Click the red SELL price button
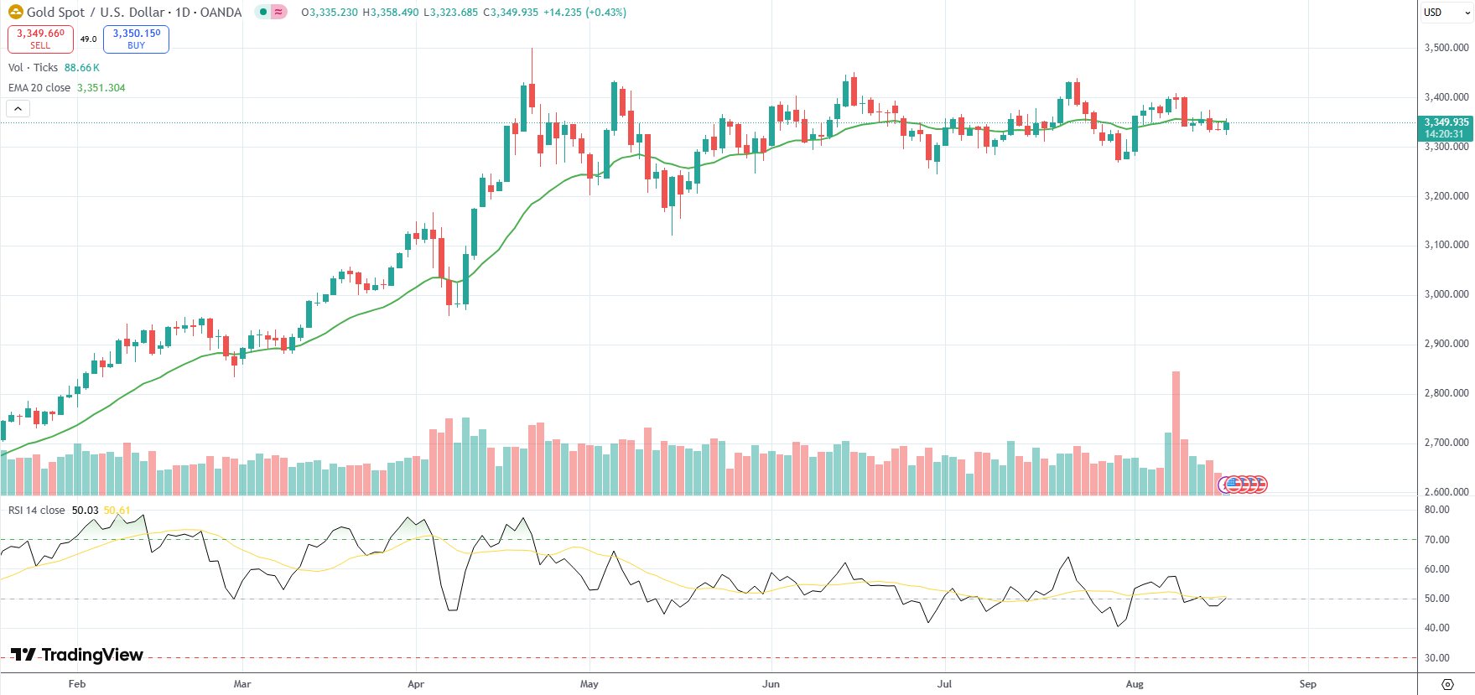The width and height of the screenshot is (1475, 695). tap(40, 39)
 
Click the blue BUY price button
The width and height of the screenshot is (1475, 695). tap(136, 39)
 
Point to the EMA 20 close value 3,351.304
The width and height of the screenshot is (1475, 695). tap(101, 88)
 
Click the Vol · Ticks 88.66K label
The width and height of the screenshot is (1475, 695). tap(54, 68)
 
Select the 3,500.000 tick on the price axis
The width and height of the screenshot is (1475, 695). tap(1446, 48)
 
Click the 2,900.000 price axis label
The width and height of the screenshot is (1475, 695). tap(1446, 344)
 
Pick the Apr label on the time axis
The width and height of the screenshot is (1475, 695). tap(415, 684)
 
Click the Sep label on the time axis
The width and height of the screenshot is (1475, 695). tap(1307, 684)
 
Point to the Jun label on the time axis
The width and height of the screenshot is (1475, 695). tap(771, 684)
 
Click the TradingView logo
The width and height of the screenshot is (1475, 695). tap(77, 655)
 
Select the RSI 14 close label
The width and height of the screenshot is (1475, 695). tap(36, 511)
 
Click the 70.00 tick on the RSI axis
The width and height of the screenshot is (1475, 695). tap(1436, 540)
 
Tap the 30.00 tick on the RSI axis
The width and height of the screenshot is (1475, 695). tap(1436, 658)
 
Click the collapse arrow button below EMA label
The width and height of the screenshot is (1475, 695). tap(18, 108)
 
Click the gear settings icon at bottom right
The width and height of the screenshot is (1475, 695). tap(1446, 684)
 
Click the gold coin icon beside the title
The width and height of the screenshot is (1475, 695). tap(15, 13)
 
